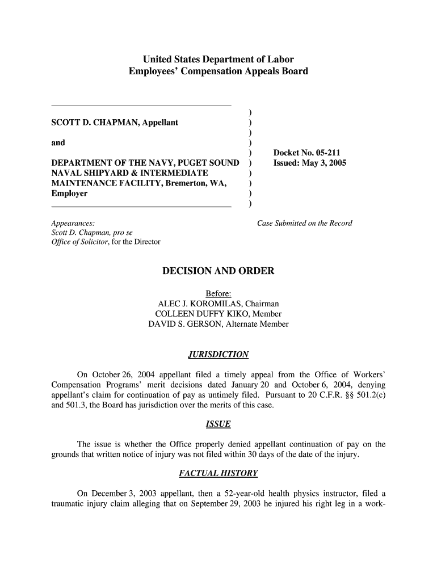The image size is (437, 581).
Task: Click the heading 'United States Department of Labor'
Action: click(x=218, y=59)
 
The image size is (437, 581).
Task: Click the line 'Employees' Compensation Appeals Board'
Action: click(x=218, y=71)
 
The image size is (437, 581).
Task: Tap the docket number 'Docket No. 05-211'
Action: click(x=306, y=153)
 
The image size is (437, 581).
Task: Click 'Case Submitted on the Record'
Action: click(x=305, y=224)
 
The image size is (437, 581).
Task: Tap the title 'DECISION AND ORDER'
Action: click(x=218, y=271)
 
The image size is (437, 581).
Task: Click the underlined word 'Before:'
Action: click(x=218, y=293)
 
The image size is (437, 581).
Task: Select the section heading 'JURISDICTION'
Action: click(x=218, y=355)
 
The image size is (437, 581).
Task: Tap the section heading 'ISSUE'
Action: click(x=218, y=424)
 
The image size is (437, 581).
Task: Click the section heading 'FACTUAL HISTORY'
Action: click(x=218, y=473)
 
